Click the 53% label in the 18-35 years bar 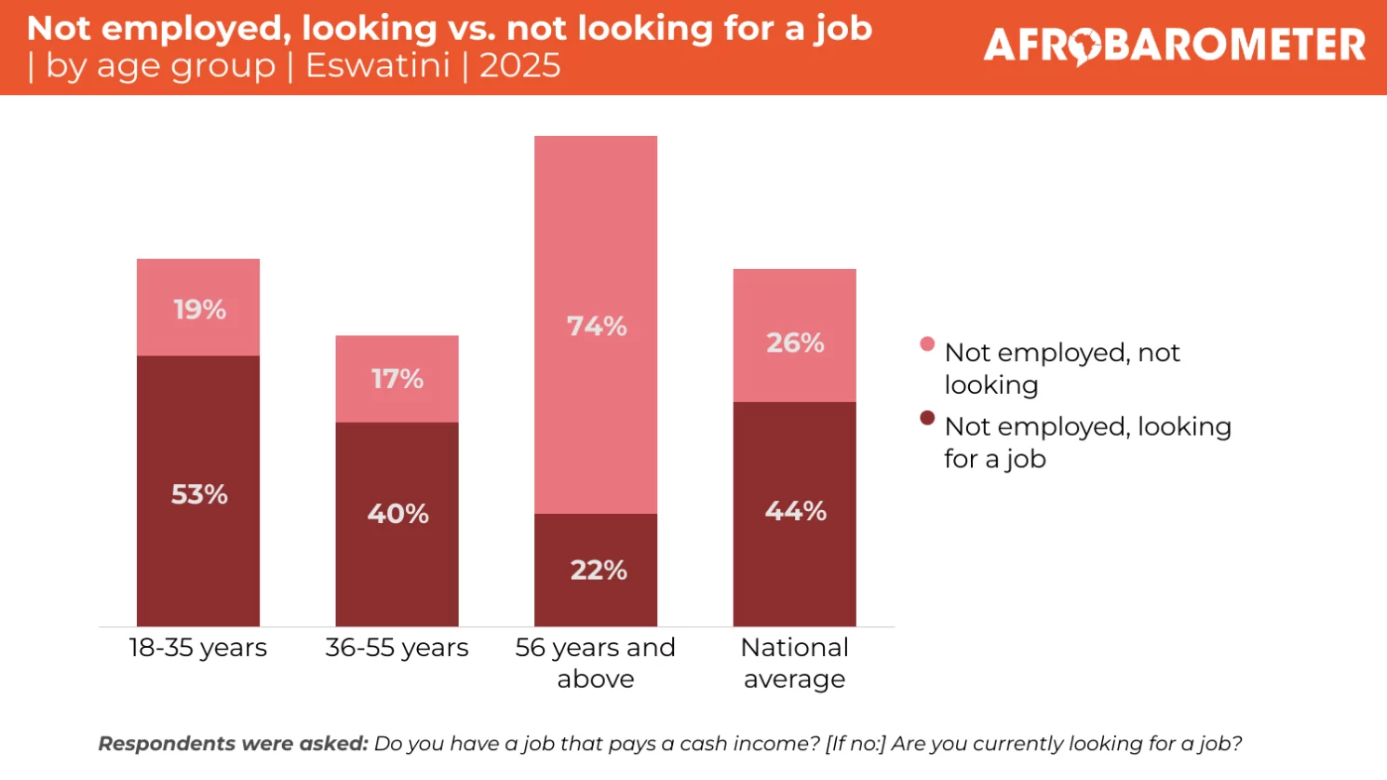[199, 494]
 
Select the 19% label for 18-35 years [199, 309]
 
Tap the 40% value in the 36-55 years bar [397, 514]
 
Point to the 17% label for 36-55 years [397, 379]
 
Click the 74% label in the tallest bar [597, 327]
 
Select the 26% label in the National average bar [795, 343]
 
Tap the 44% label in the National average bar [795, 511]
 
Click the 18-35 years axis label [197, 648]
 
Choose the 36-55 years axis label [397, 648]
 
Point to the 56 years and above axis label [596, 663]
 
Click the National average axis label [795, 663]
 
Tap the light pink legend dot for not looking [927, 344]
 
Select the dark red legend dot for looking [927, 418]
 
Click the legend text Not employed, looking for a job [1086, 442]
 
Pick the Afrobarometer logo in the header [1174, 46]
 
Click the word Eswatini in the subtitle [378, 66]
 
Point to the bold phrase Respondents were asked [233, 744]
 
